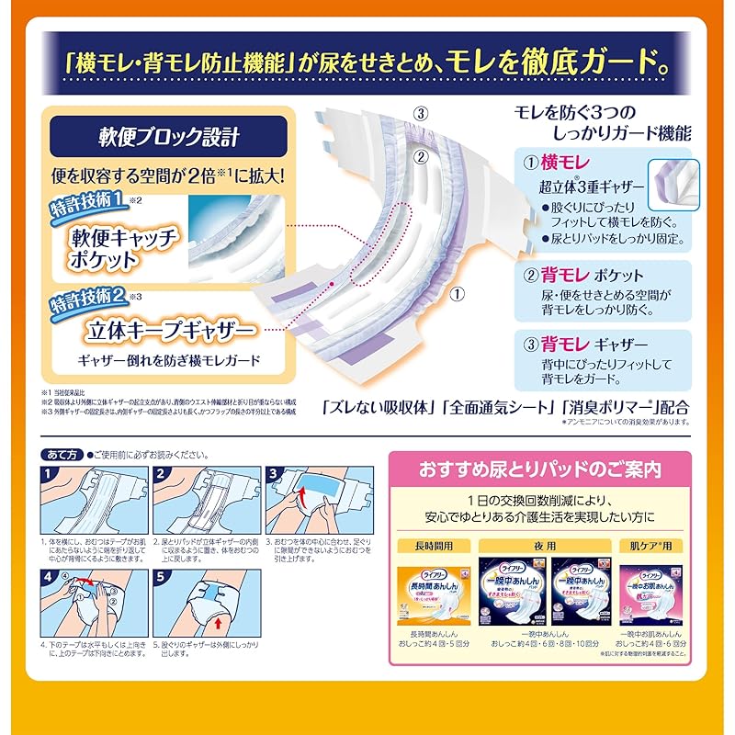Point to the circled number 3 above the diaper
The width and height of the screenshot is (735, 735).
[421, 116]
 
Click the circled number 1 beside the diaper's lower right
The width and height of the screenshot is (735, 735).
[458, 296]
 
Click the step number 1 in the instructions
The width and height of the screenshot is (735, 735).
[51, 474]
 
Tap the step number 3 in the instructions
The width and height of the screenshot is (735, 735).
[274, 474]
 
